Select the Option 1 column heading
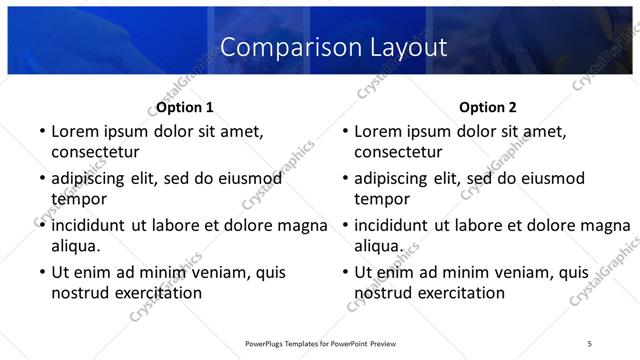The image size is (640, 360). (185, 107)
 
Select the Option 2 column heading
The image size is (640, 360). (488, 107)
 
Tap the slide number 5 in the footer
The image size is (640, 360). (589, 343)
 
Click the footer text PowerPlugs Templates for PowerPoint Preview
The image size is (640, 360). (320, 343)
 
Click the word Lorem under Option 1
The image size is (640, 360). (76, 131)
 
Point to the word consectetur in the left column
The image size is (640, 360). (95, 152)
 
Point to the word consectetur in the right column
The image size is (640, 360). (398, 152)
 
